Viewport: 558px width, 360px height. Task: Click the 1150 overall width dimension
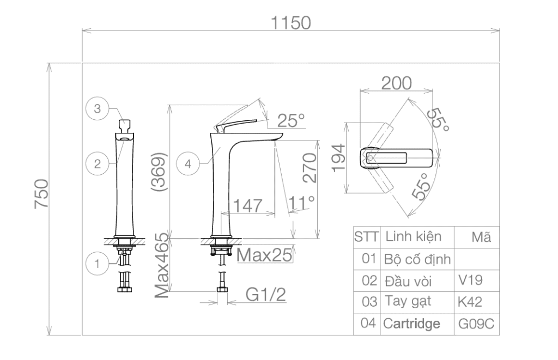pos(291,23)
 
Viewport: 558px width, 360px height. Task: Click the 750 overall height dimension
pos(41,194)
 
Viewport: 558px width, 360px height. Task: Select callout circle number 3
pos(97,108)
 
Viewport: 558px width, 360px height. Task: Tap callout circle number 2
pos(97,163)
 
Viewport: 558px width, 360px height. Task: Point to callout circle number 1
pos(97,264)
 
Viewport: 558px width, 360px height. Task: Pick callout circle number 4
pos(188,163)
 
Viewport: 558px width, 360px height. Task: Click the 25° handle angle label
pos(291,120)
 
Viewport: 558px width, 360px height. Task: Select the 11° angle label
pos(301,203)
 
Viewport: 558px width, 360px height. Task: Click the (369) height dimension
pos(159,172)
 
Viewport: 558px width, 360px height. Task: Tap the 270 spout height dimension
pos(310,168)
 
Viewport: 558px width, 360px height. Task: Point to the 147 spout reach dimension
pos(248,206)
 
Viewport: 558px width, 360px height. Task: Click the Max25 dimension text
pos(264,255)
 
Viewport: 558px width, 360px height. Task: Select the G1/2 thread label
pos(265,295)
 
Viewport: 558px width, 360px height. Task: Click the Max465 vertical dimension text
pos(161,265)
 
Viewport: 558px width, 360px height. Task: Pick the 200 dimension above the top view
pos(397,83)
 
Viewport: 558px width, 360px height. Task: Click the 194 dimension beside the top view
pos(338,158)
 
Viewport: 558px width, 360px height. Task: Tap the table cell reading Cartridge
pos(411,324)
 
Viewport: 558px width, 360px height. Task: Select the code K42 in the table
pos(470,302)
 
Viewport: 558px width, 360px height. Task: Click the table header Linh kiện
pos(414,236)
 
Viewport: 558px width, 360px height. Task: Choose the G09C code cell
pos(476,324)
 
